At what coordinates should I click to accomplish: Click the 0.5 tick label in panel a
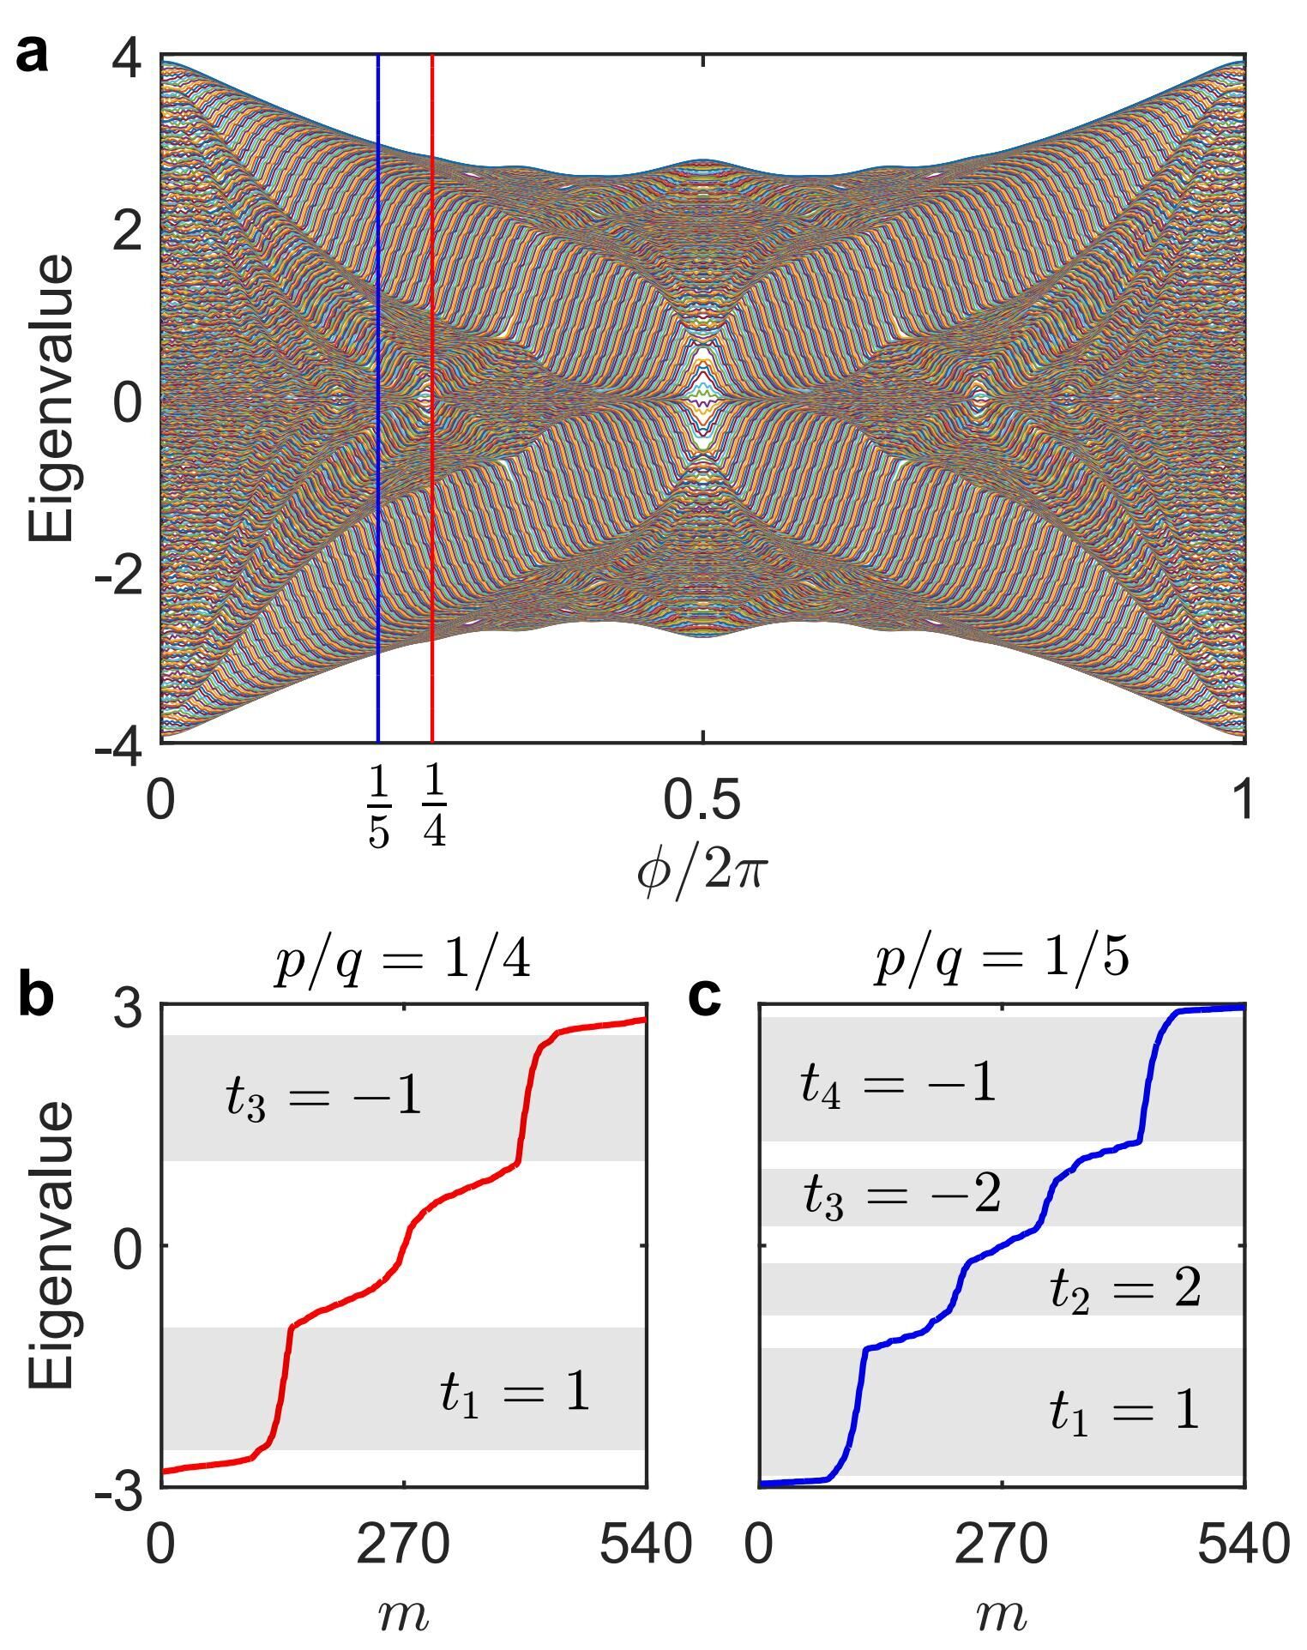point(702,799)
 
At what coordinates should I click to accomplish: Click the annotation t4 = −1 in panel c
point(898,1084)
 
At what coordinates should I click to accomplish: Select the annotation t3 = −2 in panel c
point(902,1195)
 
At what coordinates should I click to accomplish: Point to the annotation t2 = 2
point(1125,1289)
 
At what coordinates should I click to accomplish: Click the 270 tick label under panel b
point(403,1545)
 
